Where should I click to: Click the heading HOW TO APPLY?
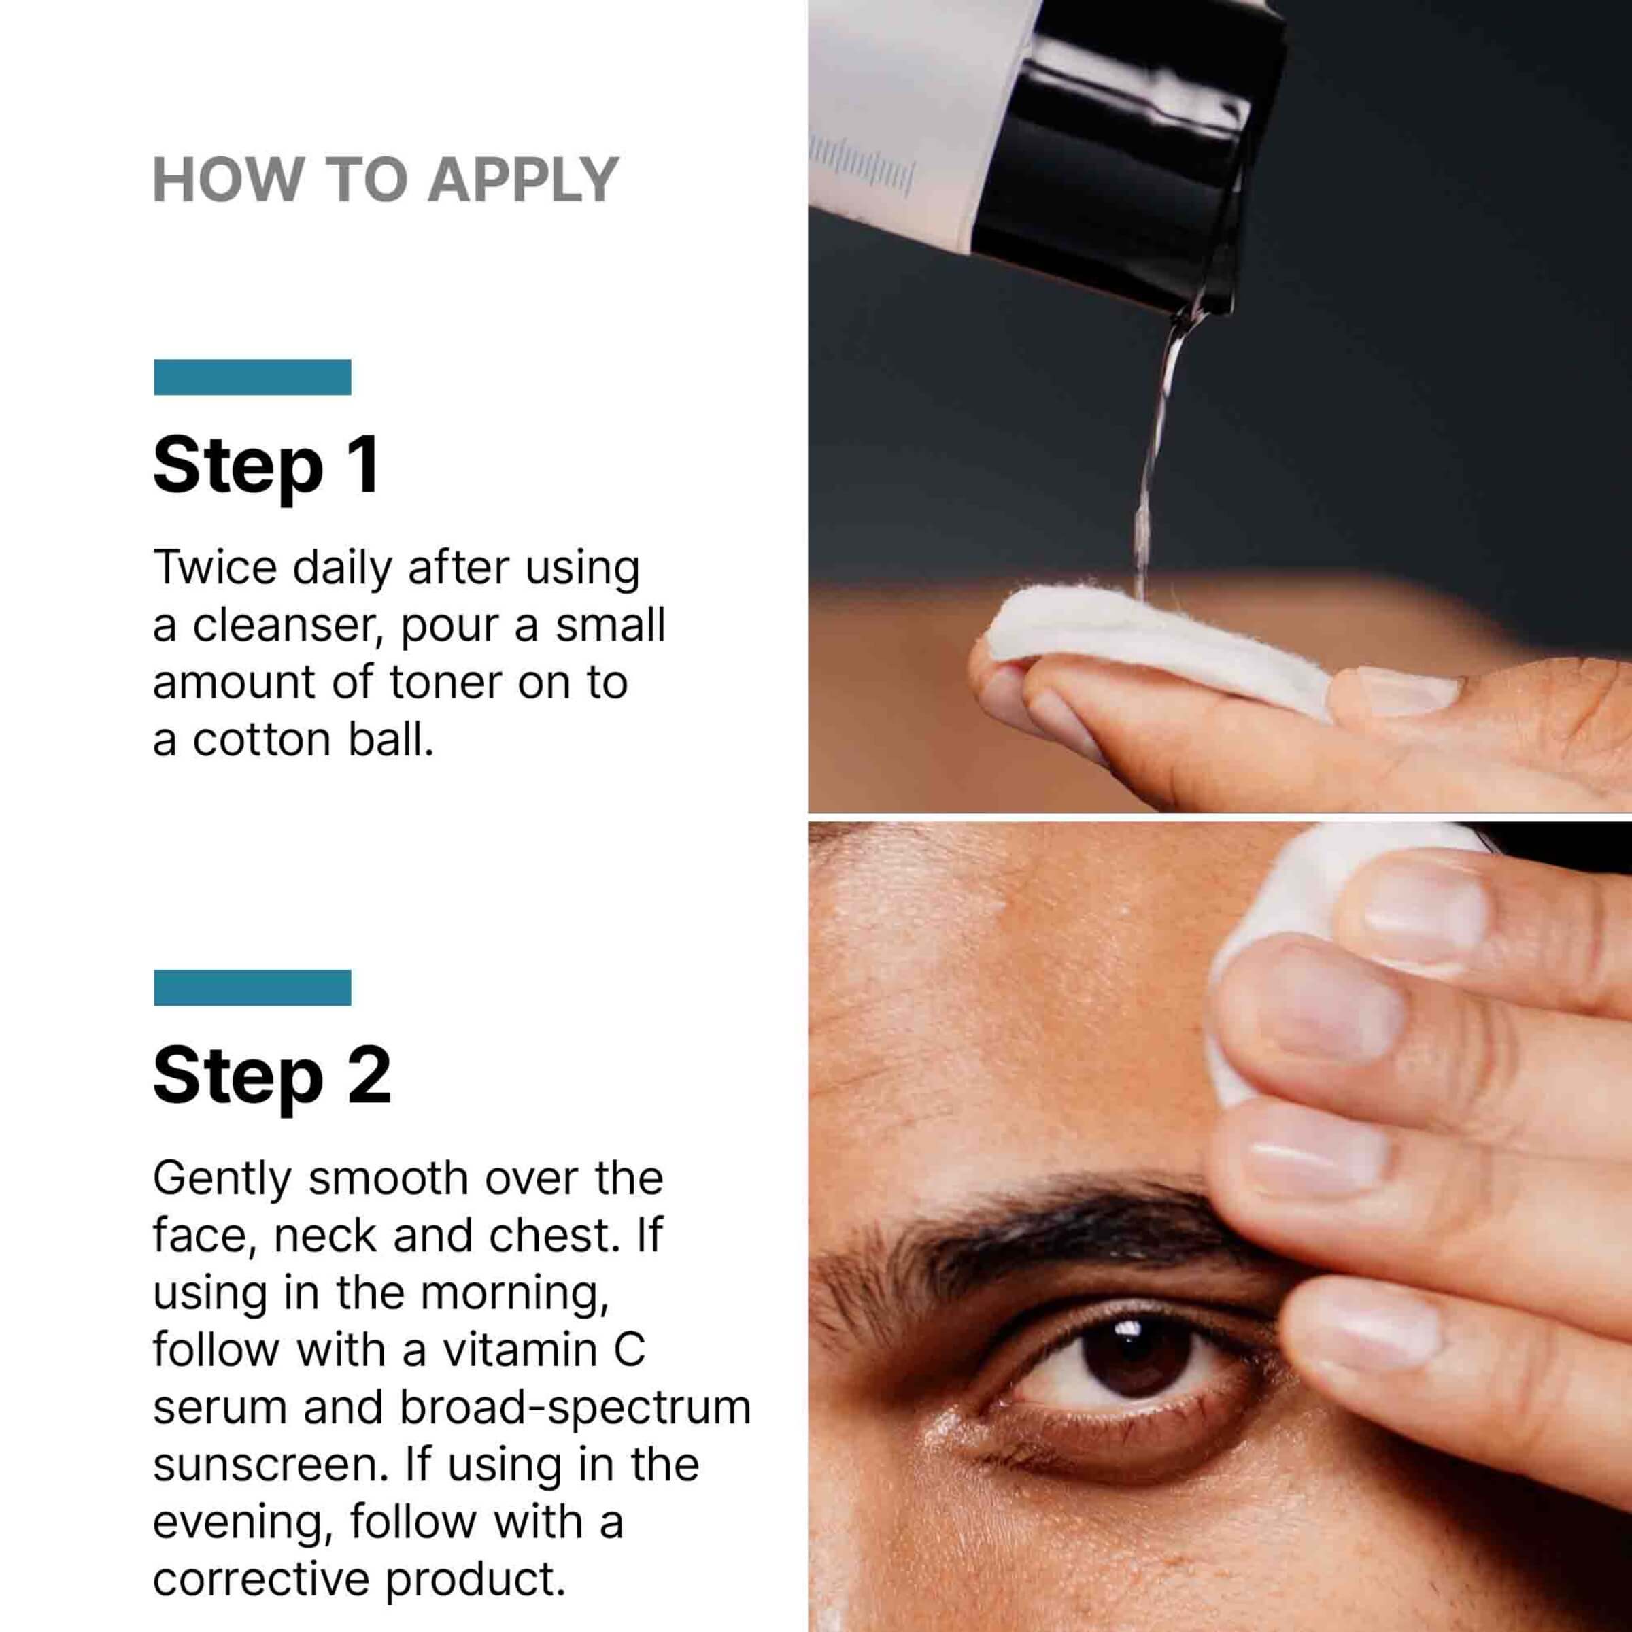386,180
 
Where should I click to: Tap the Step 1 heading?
265,466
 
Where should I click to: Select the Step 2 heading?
272,1076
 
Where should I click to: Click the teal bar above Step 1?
252,377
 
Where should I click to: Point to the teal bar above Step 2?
252,987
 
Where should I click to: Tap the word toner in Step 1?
447,683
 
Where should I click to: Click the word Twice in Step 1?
216,567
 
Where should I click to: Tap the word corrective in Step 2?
262,1580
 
